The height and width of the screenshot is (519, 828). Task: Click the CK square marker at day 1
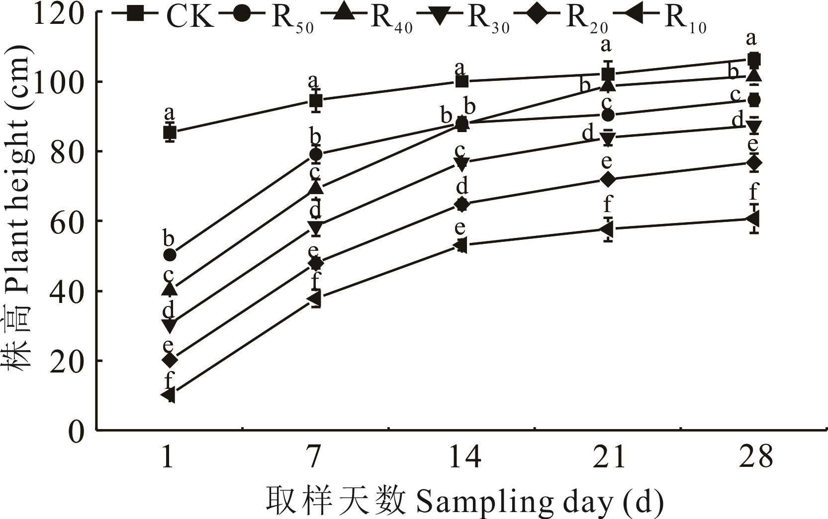(170, 133)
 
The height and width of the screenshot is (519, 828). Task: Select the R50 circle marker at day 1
(170, 255)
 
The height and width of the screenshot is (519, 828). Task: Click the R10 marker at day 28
(752, 219)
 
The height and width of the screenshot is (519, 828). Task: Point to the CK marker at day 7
(315, 101)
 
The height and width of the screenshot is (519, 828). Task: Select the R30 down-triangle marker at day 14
(461, 163)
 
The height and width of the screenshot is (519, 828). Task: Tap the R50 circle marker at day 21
(607, 115)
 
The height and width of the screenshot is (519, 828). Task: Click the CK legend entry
(164, 16)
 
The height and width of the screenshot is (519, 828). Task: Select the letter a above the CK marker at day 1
(169, 113)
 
